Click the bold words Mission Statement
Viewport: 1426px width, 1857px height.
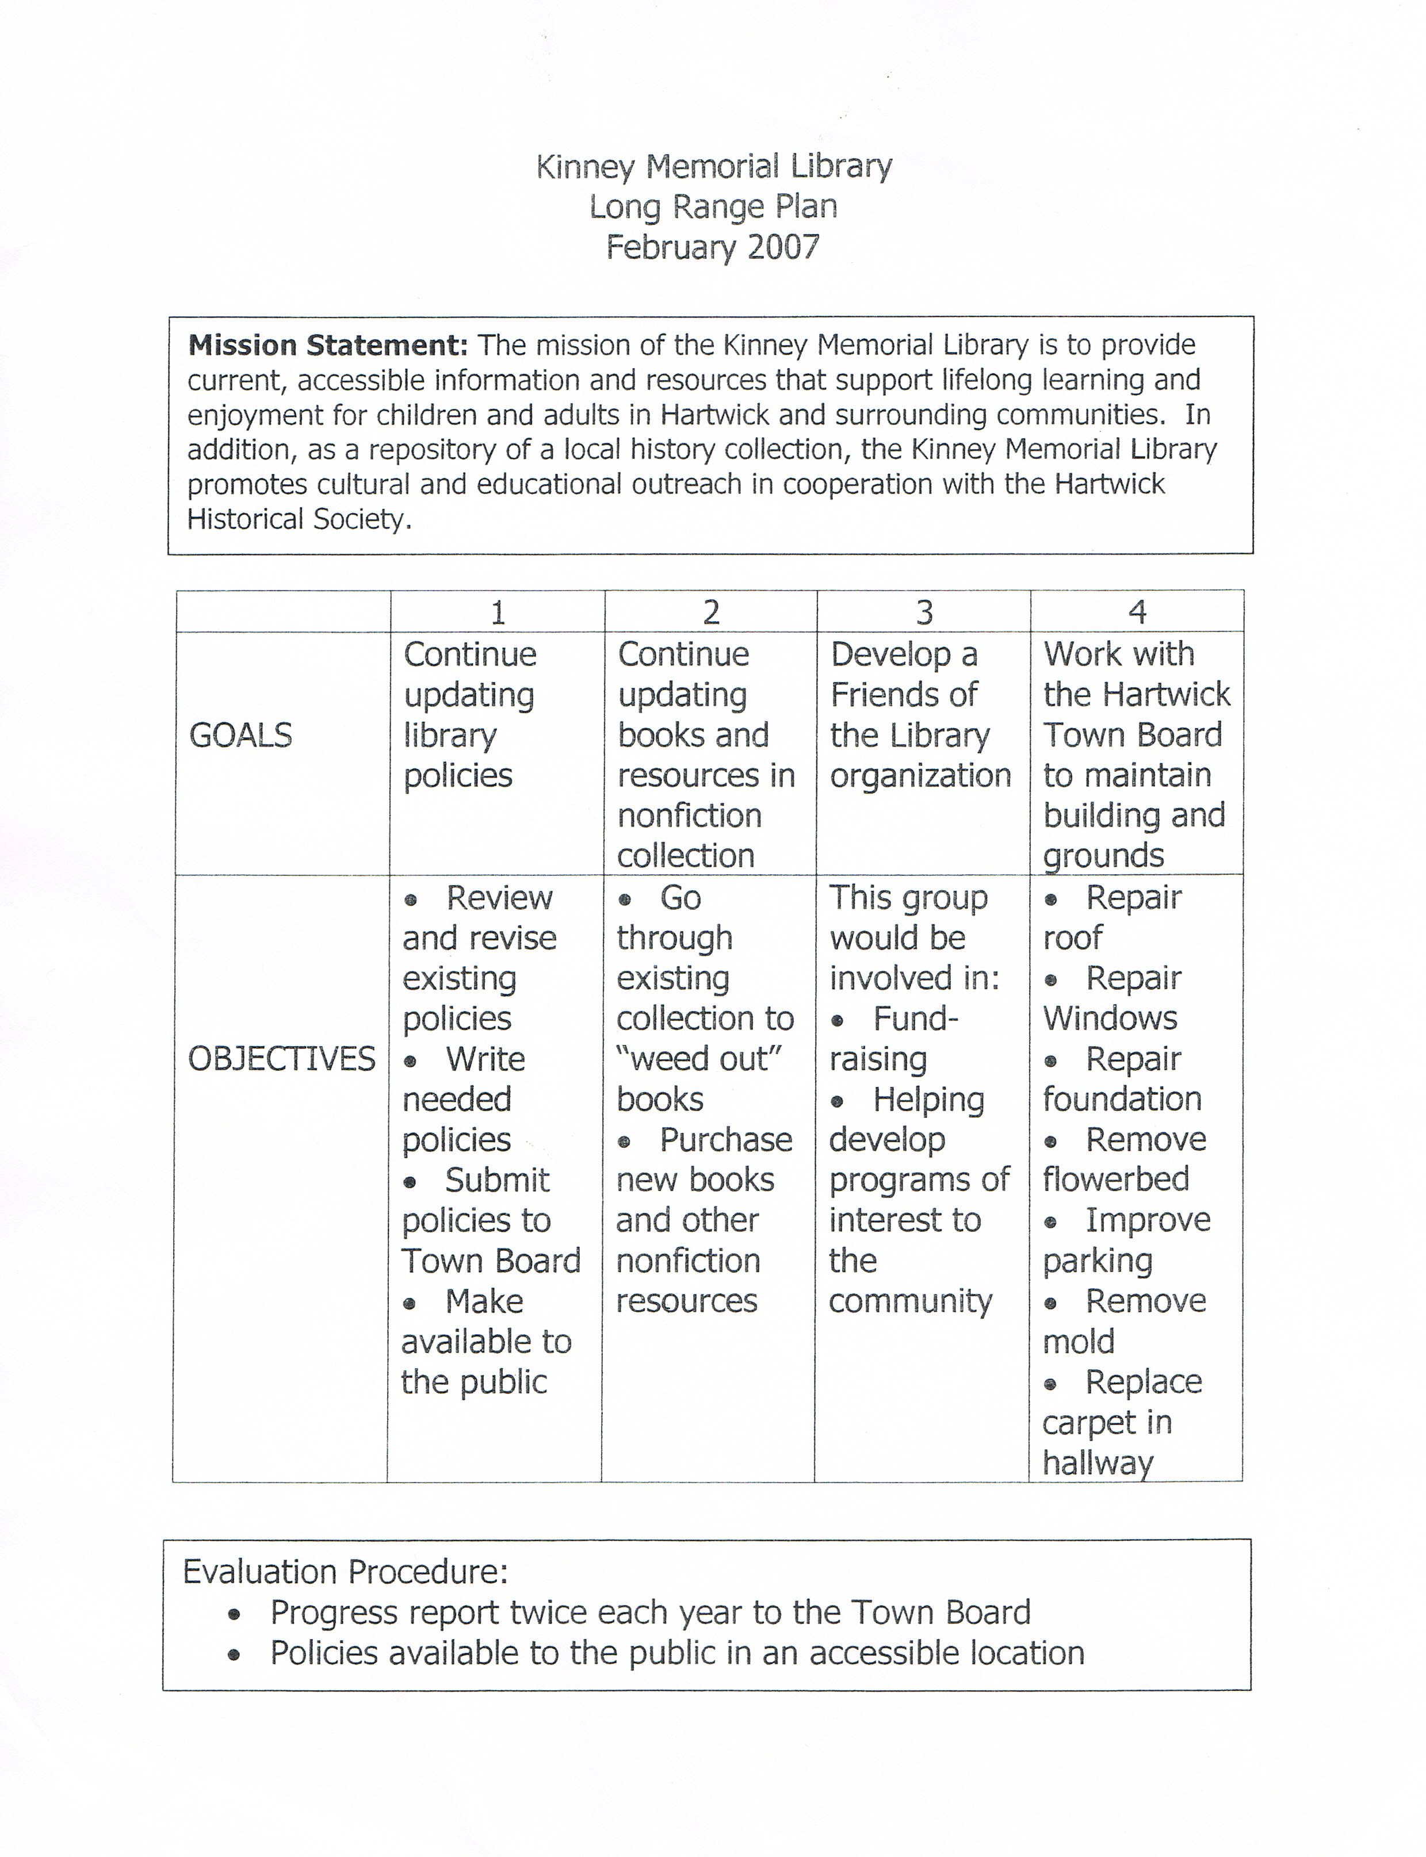point(328,346)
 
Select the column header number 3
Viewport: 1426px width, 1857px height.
point(924,612)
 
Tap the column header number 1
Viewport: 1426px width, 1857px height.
point(498,612)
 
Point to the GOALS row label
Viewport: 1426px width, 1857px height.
point(240,735)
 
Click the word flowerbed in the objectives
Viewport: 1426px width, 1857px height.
point(1115,1180)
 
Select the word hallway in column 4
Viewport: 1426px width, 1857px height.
point(1098,1462)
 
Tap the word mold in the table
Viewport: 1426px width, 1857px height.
point(1078,1342)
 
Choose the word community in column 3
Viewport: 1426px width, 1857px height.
point(910,1301)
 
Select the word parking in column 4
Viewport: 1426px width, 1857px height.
point(1098,1261)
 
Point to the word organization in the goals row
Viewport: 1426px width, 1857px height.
point(920,776)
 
